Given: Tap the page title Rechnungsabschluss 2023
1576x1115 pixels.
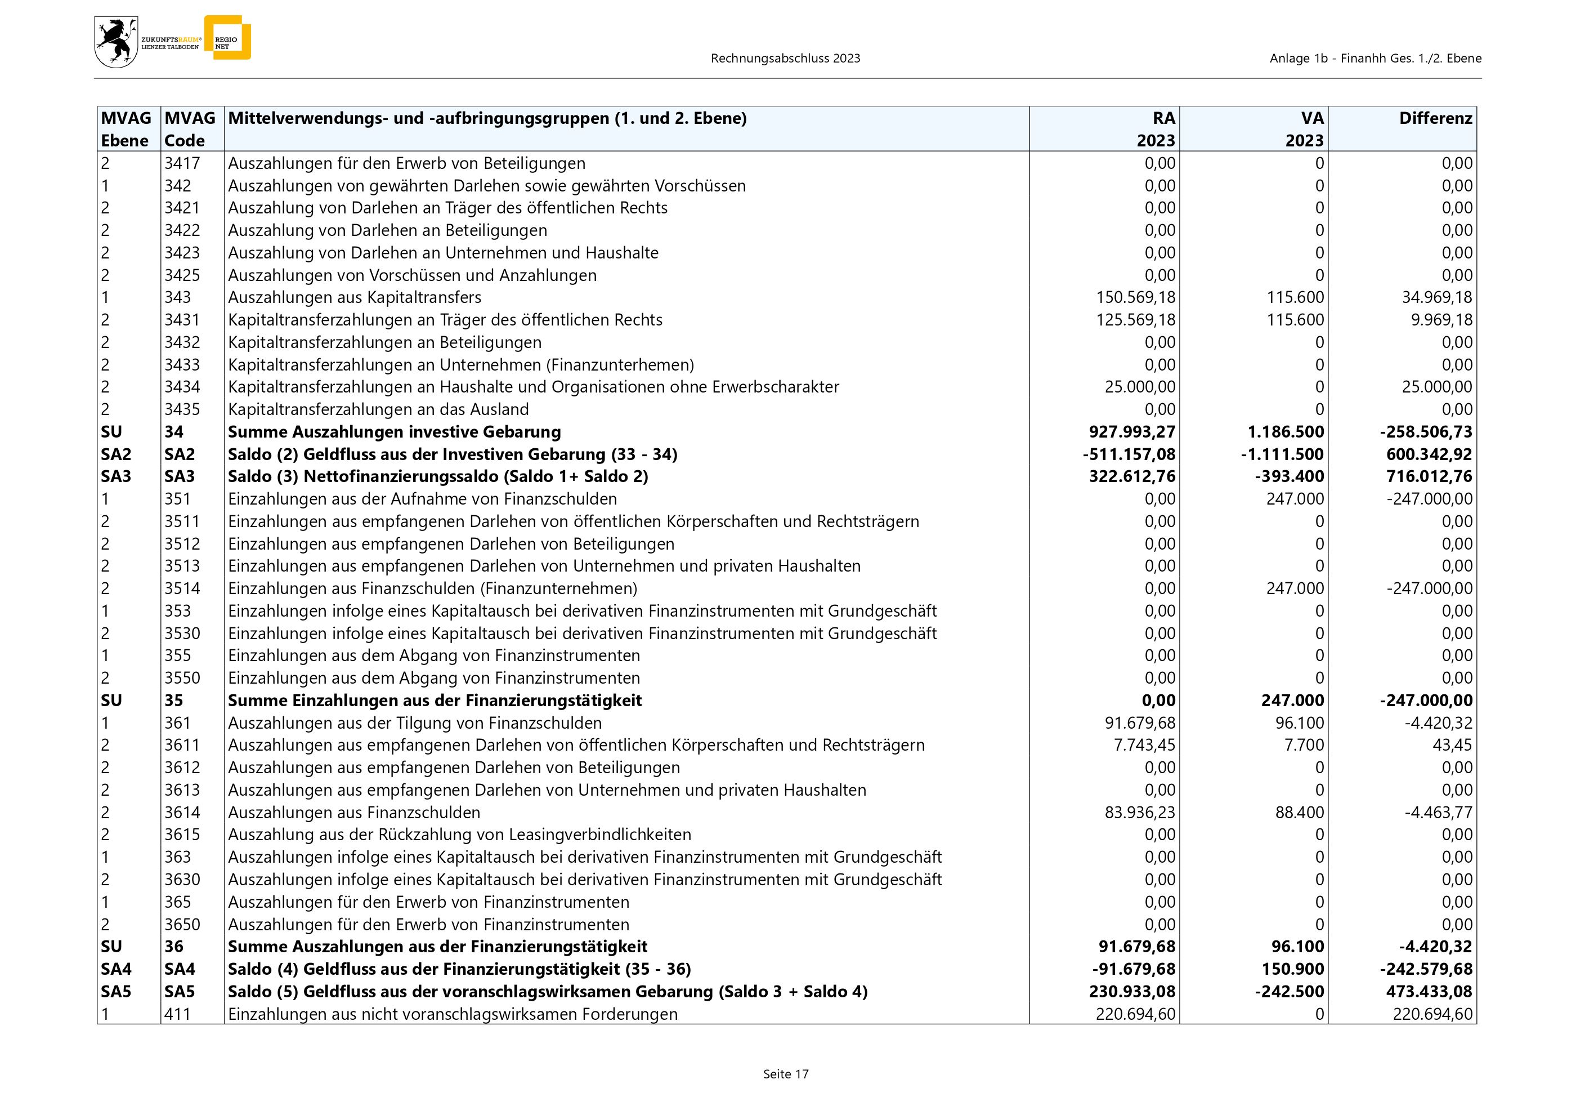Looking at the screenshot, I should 785,59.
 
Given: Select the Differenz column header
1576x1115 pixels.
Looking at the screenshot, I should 1435,119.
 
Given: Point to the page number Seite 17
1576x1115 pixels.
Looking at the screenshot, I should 786,1074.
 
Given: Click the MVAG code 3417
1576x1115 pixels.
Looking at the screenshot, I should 182,163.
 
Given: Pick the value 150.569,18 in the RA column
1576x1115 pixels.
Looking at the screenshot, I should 1135,297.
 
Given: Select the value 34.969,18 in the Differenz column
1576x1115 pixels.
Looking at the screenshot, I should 1436,297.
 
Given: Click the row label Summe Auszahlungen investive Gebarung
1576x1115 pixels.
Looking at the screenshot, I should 394,432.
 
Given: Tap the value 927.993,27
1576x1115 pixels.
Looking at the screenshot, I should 1132,432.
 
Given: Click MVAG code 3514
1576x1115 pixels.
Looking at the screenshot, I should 182,588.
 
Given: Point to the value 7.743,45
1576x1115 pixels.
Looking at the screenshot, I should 1144,745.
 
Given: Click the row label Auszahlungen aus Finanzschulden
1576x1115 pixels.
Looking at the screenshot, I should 353,812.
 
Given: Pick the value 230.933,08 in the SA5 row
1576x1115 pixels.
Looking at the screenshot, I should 1132,992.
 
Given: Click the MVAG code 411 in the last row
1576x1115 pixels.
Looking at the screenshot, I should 177,1014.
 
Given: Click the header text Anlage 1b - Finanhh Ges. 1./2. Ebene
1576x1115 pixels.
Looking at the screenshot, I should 1375,59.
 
